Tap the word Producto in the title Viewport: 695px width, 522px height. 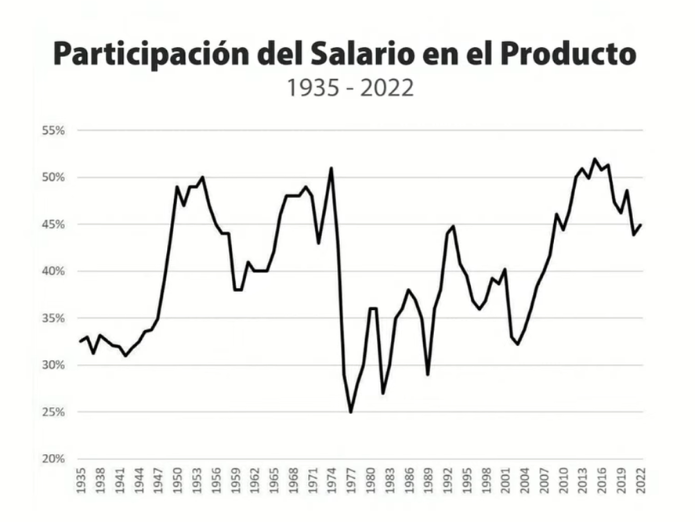[567, 54]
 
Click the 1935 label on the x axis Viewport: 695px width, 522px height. [81, 480]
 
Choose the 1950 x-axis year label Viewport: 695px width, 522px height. [177, 480]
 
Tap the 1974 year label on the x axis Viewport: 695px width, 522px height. [331, 480]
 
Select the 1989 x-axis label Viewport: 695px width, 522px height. [428, 480]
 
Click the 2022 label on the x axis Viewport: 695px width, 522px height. [640, 480]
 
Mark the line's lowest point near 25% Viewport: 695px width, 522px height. [350, 412]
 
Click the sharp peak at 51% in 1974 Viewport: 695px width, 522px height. [331, 168]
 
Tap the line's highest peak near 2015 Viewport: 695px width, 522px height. [595, 159]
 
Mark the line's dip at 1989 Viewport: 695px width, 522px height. [428, 375]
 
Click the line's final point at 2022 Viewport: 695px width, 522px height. [640, 225]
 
